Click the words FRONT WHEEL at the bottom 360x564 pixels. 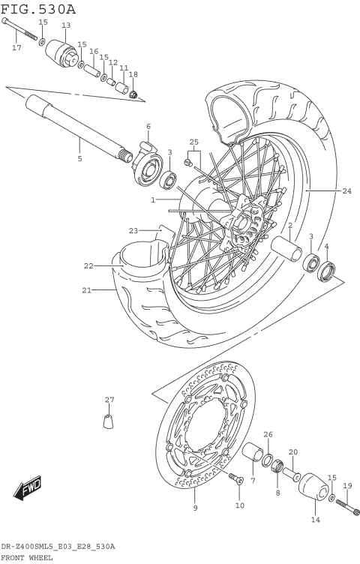coord(31,558)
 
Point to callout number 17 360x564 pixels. coord(16,48)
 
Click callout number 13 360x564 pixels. coord(65,25)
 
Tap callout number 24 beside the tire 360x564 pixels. coord(346,191)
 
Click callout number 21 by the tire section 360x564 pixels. coord(86,290)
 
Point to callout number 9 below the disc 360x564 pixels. coord(195,508)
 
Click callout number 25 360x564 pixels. coord(193,142)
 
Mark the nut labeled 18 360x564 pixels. coord(133,94)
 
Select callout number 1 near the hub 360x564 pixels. coord(152,200)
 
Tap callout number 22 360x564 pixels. coord(88,265)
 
